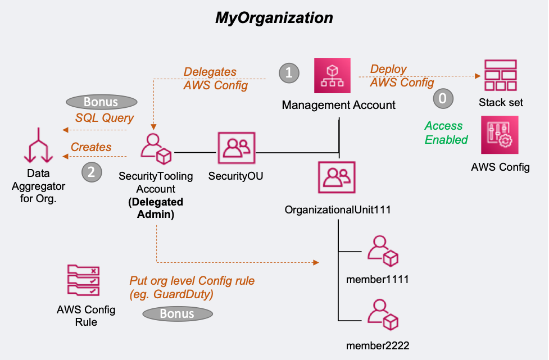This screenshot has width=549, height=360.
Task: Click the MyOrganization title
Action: coord(274,17)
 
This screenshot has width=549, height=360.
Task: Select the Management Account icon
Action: coord(332,76)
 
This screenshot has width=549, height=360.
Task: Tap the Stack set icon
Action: coord(501,75)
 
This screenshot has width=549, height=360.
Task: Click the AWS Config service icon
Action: coord(500,135)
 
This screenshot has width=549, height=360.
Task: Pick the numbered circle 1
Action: coord(289,72)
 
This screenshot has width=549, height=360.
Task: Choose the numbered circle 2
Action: coord(92,172)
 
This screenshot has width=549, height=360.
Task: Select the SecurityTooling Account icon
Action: coord(156,149)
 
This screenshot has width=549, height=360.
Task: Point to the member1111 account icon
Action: coord(383,250)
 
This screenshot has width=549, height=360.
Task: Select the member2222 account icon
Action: coord(383,315)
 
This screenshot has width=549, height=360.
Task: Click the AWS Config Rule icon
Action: coord(83,281)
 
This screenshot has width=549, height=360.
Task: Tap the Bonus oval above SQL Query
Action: coord(101,102)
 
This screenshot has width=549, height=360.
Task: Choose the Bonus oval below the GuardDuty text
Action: coord(177,314)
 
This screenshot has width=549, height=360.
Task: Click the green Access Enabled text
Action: coord(446,133)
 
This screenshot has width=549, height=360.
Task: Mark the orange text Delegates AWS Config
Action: coord(215,79)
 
